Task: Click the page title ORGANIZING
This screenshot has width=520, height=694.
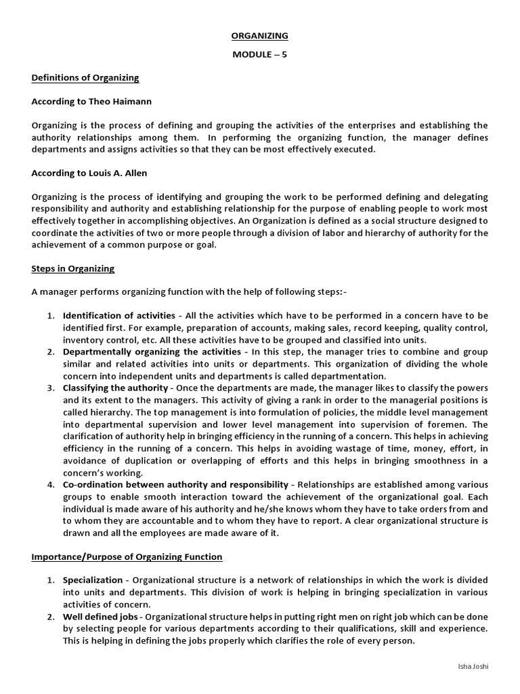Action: tap(260, 35)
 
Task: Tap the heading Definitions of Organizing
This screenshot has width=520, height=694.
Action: tap(85, 77)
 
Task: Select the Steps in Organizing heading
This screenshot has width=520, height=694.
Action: tap(73, 268)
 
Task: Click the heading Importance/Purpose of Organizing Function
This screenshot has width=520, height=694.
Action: tap(127, 557)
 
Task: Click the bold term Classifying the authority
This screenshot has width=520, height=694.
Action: tap(115, 388)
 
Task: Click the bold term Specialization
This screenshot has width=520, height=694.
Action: tap(93, 581)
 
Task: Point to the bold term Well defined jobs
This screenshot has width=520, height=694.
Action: tap(101, 617)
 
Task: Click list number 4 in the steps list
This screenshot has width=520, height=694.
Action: tap(51, 485)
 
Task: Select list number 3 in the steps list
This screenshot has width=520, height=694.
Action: tap(51, 388)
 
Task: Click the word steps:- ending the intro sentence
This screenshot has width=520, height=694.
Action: tap(332, 292)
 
